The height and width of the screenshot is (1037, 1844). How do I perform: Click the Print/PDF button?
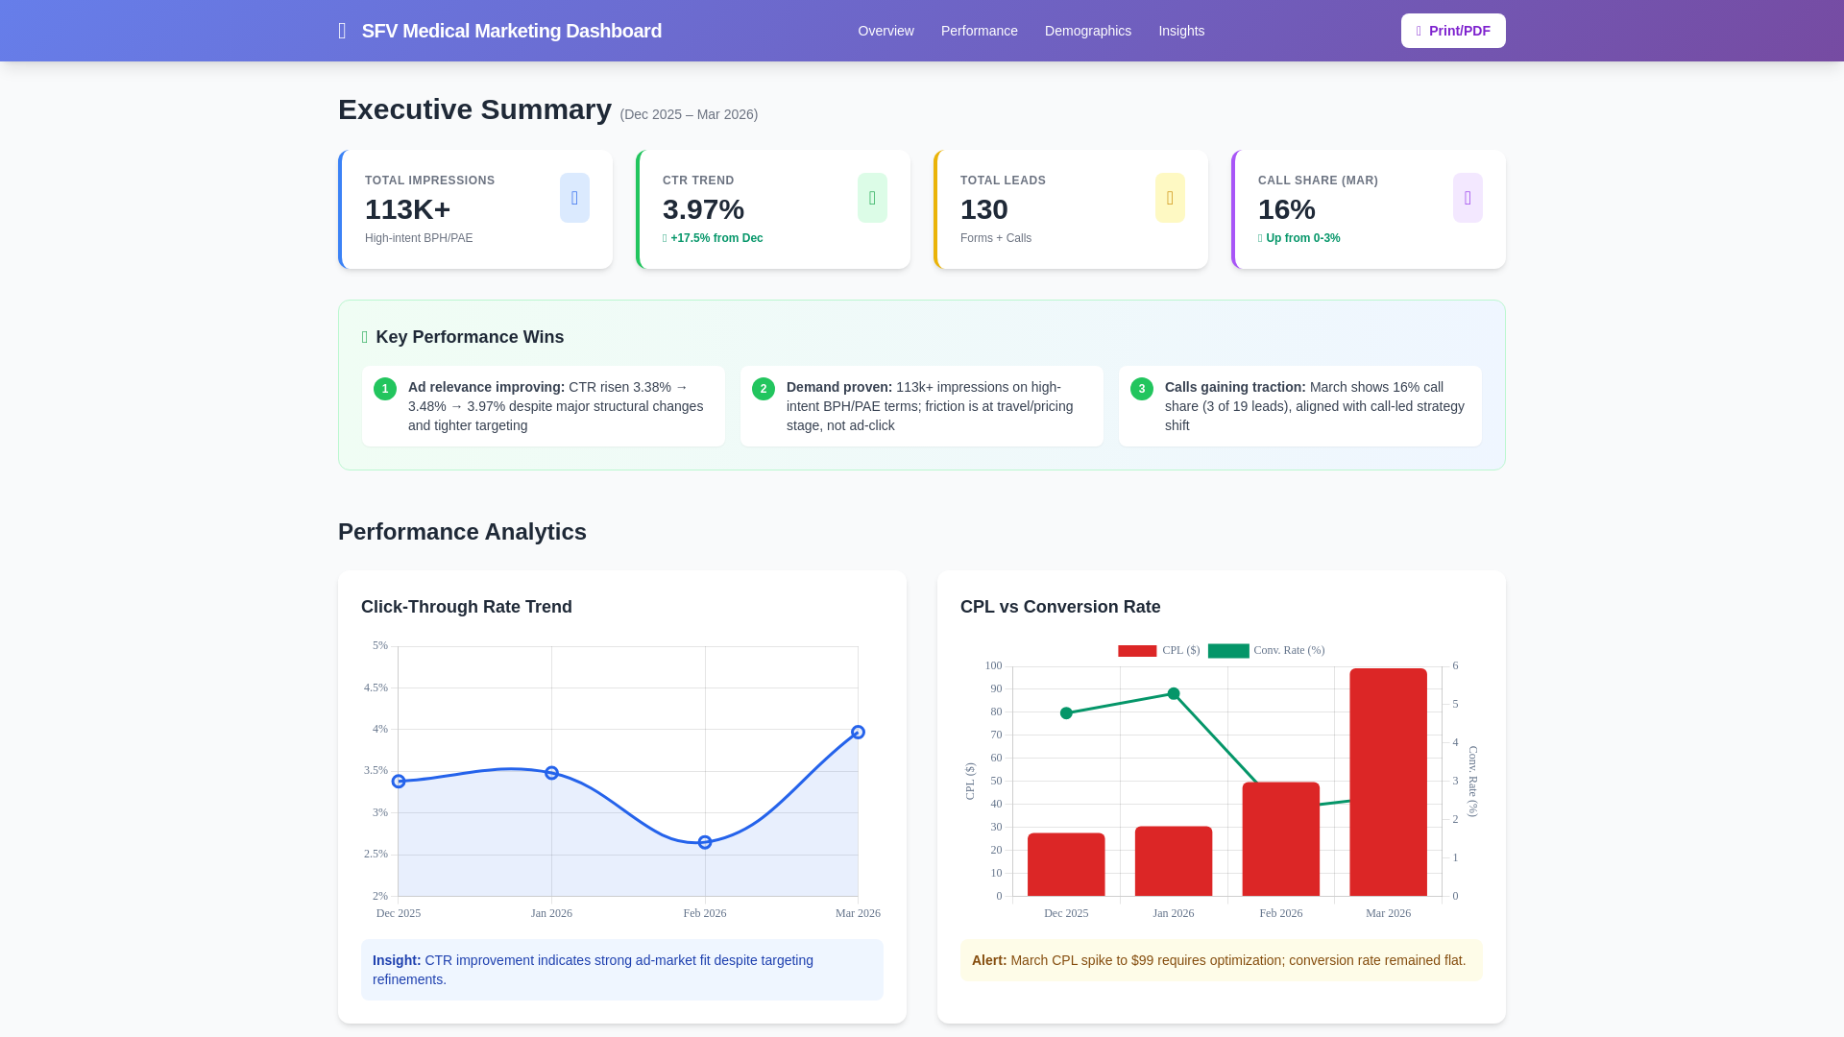1452,31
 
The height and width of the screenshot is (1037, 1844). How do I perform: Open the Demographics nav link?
1087,31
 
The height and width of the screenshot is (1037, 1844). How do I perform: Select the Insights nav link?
1180,31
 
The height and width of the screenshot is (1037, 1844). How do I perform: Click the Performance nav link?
979,31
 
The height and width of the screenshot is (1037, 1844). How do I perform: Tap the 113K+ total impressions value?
407,209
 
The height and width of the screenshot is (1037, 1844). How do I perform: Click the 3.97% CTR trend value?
703,209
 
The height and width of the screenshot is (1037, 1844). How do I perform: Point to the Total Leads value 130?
983,209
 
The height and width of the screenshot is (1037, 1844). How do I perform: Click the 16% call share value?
1286,209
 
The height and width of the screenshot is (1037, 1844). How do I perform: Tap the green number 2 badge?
764,389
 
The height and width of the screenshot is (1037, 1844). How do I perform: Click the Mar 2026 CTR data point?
858,733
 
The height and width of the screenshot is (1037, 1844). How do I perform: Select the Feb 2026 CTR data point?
705,842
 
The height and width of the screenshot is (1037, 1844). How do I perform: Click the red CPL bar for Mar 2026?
1388,783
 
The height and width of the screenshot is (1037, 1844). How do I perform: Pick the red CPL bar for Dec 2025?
1066,864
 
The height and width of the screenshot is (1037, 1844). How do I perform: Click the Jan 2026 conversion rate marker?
1174,693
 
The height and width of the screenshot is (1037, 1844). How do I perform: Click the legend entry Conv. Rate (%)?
1267,650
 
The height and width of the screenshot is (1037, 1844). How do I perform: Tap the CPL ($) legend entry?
1159,650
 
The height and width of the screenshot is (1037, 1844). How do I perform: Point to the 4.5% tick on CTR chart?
376,687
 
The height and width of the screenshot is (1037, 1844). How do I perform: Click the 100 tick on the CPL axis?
993,665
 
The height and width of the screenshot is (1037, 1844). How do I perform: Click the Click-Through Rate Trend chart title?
466,607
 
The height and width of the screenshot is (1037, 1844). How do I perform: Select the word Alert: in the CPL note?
988,960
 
